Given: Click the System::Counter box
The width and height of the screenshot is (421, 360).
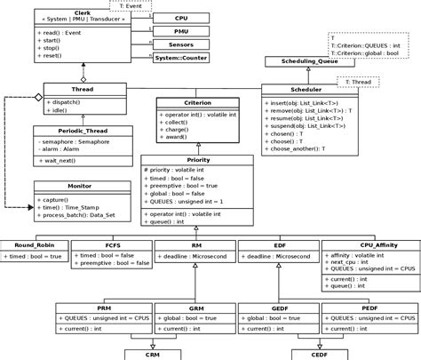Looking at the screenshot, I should (180, 57).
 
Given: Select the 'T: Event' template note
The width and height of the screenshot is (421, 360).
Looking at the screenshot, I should (134, 5).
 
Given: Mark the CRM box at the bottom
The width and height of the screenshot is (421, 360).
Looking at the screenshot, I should (153, 353).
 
